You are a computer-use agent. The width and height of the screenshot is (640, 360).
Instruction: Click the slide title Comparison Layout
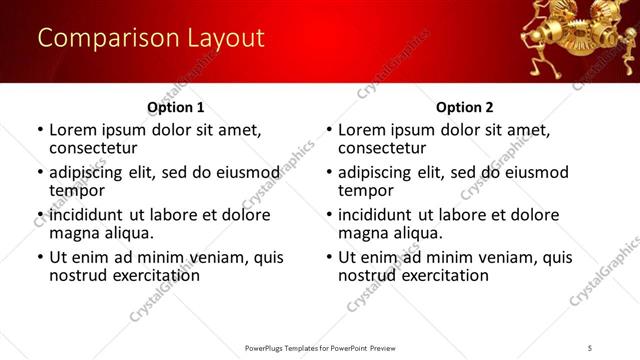coord(151,39)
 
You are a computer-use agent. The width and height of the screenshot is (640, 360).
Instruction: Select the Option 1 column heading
coord(175,107)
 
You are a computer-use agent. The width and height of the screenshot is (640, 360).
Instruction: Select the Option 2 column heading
coord(464,107)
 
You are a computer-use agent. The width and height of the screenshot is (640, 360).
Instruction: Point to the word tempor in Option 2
coord(365,191)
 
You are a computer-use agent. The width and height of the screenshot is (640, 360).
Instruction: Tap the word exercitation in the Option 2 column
coord(434,275)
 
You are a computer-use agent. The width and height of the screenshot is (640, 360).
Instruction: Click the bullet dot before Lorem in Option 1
coord(39,130)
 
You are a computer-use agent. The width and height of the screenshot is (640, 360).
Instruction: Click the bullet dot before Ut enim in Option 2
coord(328,257)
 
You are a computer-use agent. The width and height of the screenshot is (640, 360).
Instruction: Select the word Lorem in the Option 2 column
coord(361,130)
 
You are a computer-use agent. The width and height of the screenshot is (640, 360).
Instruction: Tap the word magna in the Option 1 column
coord(74,233)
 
